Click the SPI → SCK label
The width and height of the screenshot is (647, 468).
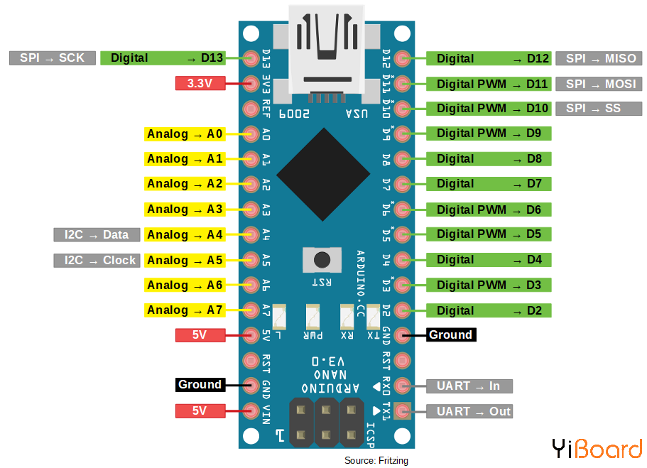pos(52,58)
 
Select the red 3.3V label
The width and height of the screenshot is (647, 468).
pos(200,84)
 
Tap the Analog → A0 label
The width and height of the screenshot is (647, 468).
pos(185,134)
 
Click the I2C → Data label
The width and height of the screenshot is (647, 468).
pos(97,234)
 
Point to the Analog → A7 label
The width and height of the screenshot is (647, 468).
pos(185,310)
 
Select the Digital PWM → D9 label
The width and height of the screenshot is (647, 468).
pos(489,134)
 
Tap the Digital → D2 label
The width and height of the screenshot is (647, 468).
pos(489,310)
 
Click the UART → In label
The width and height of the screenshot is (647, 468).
pos(469,386)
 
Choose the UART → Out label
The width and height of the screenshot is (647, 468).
pos(469,411)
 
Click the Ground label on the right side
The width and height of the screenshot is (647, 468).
pos(450,334)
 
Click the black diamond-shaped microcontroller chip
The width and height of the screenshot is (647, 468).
pos(324,175)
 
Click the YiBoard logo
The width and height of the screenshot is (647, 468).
pos(597,449)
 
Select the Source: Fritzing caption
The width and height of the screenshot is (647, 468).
pos(376,460)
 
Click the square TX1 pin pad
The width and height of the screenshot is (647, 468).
pos(403,410)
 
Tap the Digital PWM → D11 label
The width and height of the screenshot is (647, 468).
pos(489,84)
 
